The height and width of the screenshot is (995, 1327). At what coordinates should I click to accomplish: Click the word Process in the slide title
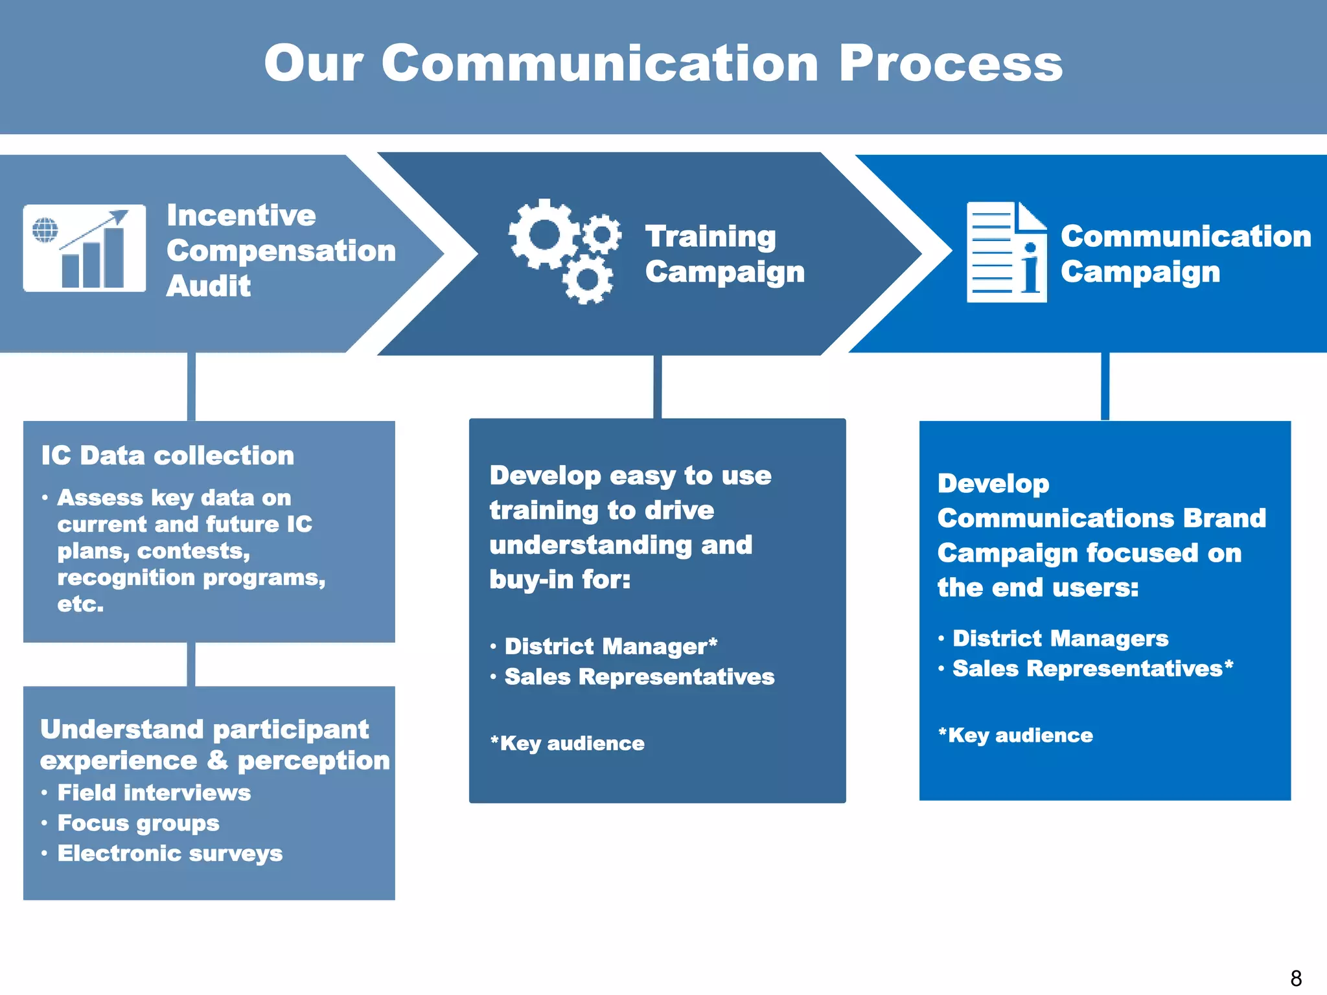point(950,63)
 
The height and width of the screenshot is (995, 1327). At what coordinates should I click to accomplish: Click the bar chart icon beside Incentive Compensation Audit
point(84,249)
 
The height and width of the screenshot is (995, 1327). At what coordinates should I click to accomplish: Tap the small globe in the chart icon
point(45,229)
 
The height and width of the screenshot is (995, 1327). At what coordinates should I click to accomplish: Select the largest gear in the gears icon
point(543,234)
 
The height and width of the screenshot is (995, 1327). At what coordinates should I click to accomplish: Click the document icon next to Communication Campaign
point(1006,252)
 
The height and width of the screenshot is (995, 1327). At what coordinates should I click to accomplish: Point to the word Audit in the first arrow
point(209,286)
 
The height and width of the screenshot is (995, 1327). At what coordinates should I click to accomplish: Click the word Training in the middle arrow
point(710,236)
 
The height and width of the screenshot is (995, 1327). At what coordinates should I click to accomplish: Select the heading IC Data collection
point(167,455)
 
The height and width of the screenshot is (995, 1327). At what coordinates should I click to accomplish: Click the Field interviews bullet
point(154,792)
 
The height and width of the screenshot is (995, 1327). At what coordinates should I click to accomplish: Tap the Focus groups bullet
point(138,823)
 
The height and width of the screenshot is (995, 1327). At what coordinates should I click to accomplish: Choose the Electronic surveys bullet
point(170,853)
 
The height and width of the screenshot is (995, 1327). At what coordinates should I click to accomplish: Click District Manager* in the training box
point(610,646)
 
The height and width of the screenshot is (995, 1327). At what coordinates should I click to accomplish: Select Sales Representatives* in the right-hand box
point(1092,669)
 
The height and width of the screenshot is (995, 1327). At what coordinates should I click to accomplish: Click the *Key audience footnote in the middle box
point(567,743)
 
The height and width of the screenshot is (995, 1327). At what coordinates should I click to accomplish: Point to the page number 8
point(1296,978)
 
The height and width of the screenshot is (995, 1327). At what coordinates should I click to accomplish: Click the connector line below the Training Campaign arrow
point(657,387)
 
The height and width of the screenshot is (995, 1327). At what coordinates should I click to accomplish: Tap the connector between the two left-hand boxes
point(191,664)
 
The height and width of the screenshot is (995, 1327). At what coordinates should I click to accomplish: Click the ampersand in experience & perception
point(218,760)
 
